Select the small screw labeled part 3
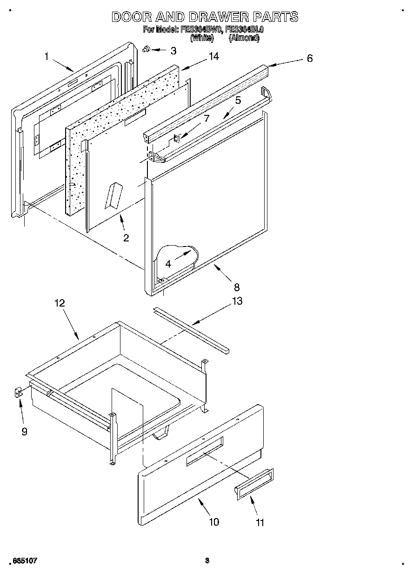pos(146,49)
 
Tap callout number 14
pos(213,56)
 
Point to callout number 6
pos(309,58)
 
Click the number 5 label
pos(238,100)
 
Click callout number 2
pos(126,238)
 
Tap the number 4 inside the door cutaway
pos(168,263)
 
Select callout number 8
pos(236,287)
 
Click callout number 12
pos(60,303)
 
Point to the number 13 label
pos(237,301)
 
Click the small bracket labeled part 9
pos(18,394)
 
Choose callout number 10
pos(213,521)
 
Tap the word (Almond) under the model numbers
pos(244,39)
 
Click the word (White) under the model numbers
pos(202,39)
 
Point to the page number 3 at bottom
pos(207,561)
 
